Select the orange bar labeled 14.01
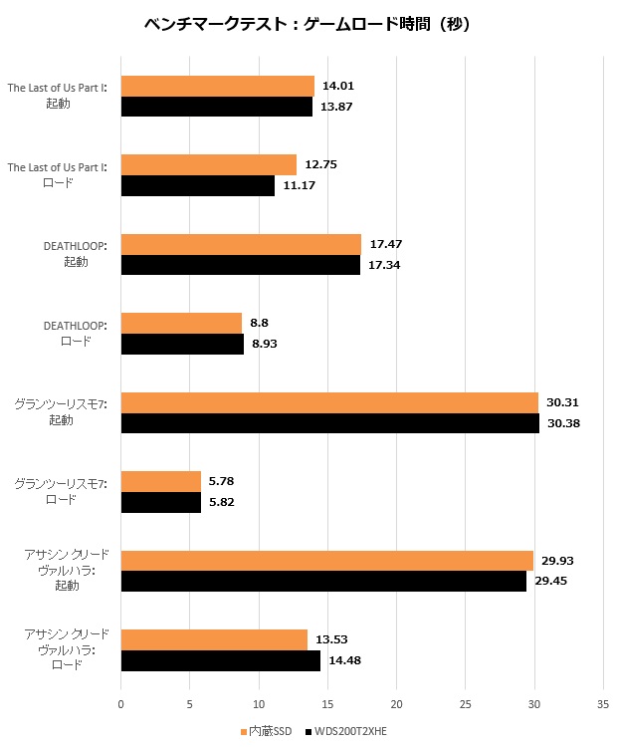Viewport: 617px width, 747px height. (217, 87)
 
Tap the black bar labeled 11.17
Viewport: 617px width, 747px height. (197, 185)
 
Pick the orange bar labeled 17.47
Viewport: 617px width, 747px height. (241, 244)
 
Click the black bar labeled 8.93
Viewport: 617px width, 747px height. (182, 344)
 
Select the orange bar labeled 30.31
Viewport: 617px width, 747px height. (329, 402)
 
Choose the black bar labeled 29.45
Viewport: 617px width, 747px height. (323, 581)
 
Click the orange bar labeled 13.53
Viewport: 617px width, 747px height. (214, 639)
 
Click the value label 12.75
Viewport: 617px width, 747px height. (322, 165)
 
